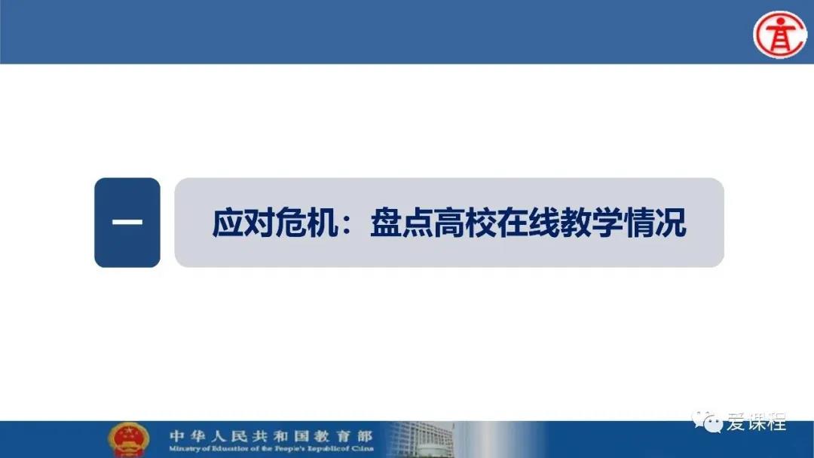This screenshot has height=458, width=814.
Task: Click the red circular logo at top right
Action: (780, 34)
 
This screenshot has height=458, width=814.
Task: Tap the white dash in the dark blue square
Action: (127, 222)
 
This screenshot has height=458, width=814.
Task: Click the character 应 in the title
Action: (228, 223)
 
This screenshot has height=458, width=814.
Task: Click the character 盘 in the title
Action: (386, 223)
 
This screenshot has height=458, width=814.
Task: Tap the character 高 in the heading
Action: (449, 223)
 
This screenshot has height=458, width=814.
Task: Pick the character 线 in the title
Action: (544, 223)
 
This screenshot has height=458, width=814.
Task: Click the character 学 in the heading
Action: (607, 223)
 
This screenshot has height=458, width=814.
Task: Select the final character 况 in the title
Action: (671, 223)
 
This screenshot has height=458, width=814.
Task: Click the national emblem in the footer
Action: (128, 440)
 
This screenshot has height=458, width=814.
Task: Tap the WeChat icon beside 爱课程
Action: (708, 422)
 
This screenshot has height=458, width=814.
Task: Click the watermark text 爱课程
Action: (757, 422)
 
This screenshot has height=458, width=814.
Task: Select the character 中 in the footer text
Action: (177, 435)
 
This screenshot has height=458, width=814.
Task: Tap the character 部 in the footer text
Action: (365, 435)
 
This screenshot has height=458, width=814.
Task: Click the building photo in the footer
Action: (421, 440)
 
